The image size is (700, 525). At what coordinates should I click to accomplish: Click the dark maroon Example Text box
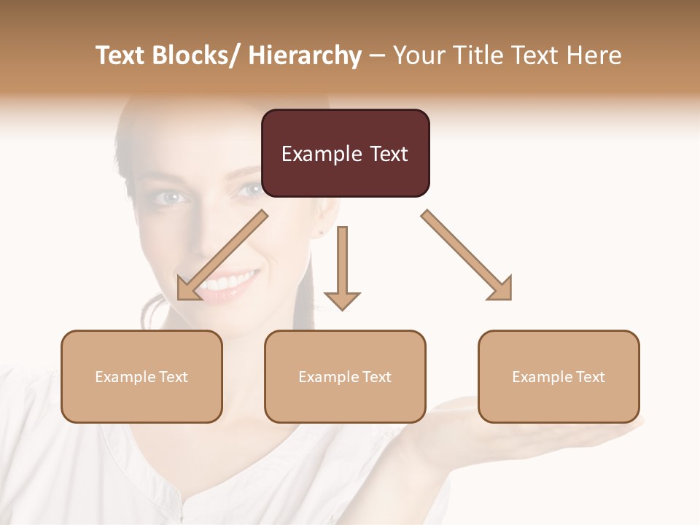pyautogui.click(x=345, y=153)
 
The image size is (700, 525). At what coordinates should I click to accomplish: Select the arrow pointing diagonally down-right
pyautogui.click(x=467, y=255)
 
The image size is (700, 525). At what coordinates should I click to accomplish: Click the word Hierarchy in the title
pyautogui.click(x=305, y=55)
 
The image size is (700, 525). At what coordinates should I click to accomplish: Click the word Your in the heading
pyautogui.click(x=418, y=55)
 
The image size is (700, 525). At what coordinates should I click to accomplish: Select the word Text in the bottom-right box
pyautogui.click(x=591, y=376)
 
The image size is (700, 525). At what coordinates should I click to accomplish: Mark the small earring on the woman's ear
pyautogui.click(x=322, y=233)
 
